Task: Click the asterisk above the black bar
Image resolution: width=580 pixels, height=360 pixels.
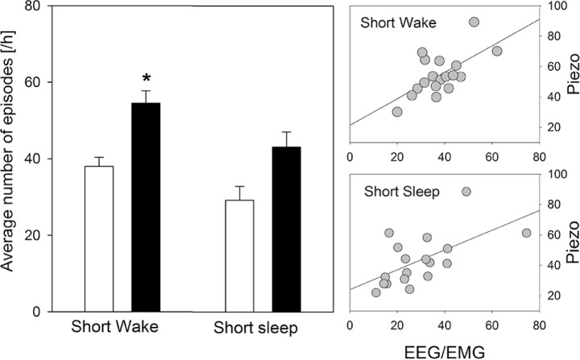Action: tap(146, 78)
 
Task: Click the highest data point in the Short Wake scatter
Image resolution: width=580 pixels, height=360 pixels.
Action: tap(474, 22)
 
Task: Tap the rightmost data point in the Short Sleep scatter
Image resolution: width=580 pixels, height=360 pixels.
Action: tap(526, 233)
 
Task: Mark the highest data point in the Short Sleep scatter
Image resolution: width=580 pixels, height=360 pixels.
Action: tap(466, 192)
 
